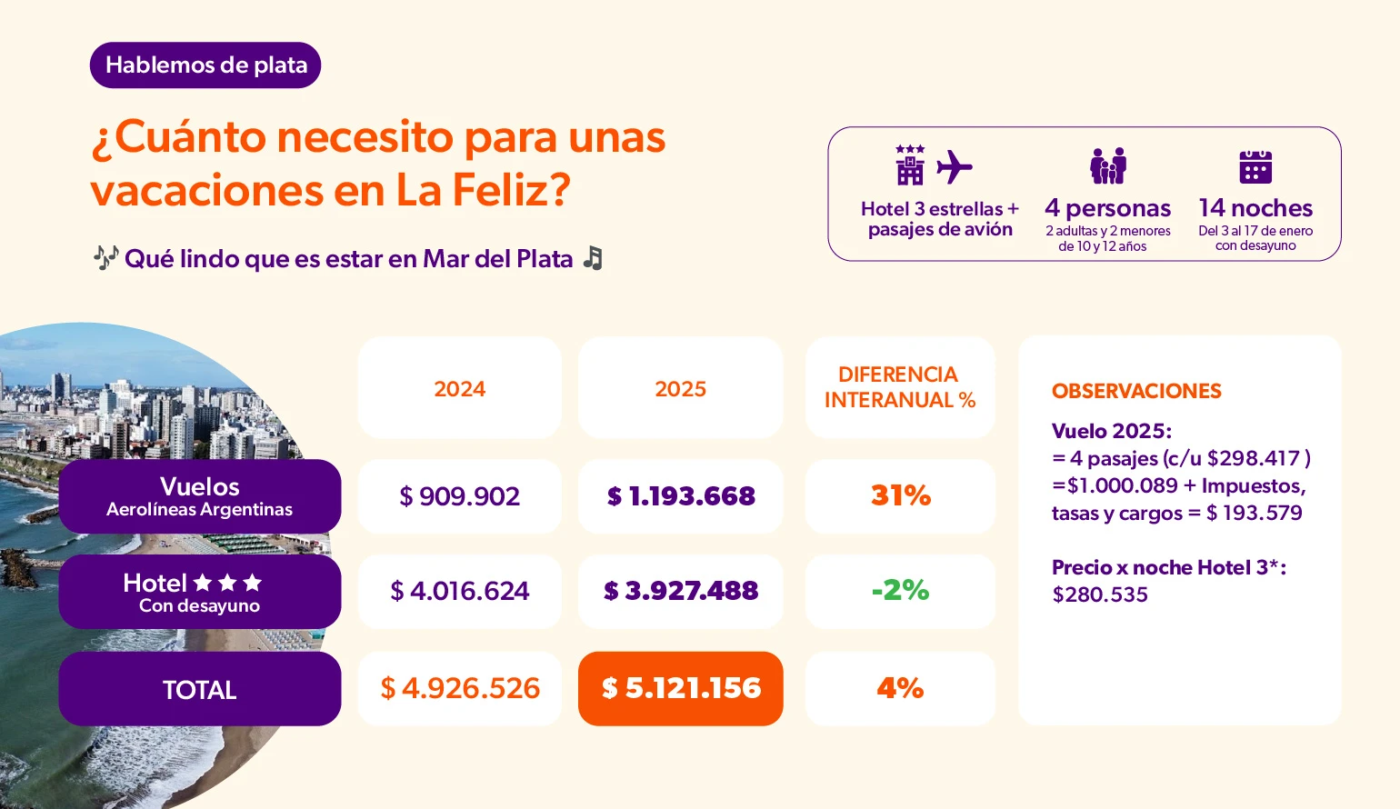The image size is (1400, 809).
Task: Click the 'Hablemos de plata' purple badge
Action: (205, 65)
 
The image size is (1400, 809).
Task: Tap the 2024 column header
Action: (459, 389)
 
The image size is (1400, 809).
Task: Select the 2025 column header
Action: (680, 389)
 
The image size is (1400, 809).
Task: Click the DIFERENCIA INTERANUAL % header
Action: (899, 388)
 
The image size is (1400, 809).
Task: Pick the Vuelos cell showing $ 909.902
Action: (459, 496)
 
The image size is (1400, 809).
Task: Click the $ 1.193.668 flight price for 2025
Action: (680, 496)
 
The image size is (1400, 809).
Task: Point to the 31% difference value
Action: (900, 496)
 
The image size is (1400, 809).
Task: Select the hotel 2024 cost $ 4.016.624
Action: (459, 592)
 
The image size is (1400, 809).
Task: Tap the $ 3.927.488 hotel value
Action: (680, 592)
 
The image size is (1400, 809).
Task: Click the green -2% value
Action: (900, 591)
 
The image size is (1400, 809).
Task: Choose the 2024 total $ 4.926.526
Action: (459, 688)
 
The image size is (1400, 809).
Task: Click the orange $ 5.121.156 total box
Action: (680, 688)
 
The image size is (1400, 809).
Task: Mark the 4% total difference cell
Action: (900, 688)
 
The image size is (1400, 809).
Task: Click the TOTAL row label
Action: (200, 689)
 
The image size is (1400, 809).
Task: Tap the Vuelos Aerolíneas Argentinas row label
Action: (200, 496)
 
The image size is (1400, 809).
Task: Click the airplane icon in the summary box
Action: (955, 167)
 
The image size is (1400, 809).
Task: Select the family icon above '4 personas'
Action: (1107, 166)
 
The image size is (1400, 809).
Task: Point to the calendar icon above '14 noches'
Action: (1255, 167)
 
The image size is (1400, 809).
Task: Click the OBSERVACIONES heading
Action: (1136, 392)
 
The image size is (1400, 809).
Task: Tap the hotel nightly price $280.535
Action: (1100, 595)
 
